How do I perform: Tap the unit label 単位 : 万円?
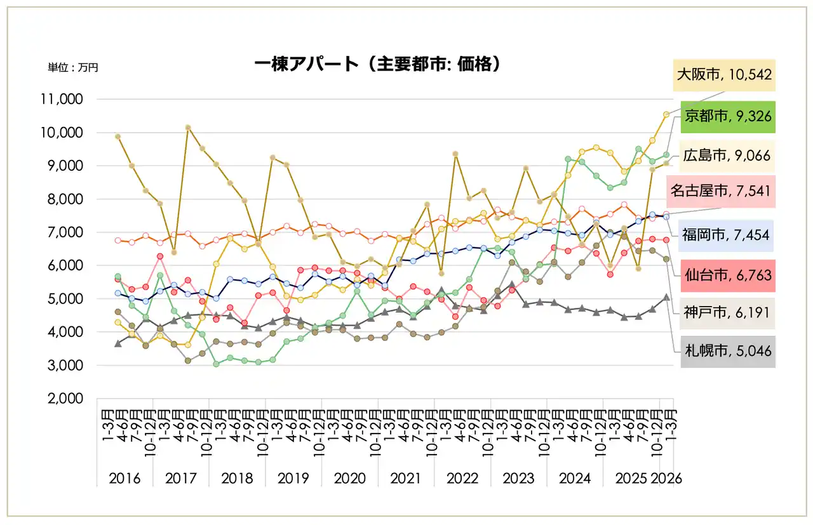(73, 67)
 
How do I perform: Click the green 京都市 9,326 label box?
(728, 116)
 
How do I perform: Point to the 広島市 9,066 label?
(728, 156)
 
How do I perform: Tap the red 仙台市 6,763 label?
(728, 275)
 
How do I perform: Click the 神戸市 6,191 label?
(728, 314)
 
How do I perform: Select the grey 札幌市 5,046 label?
(728, 350)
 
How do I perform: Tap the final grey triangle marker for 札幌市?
(666, 297)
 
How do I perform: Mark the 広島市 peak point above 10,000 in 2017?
(188, 128)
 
